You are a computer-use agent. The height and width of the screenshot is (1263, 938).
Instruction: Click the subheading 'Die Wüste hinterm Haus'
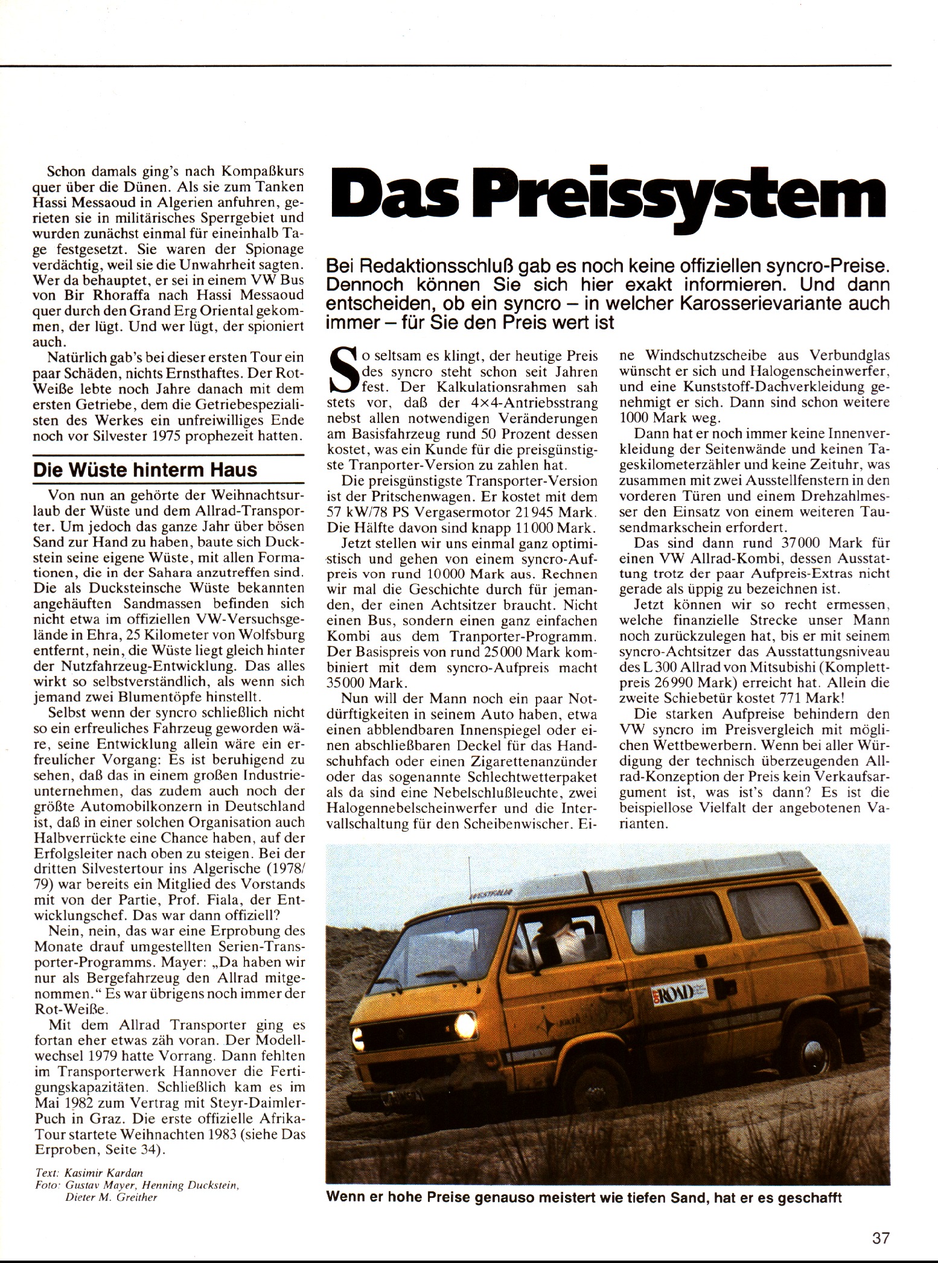coord(145,469)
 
